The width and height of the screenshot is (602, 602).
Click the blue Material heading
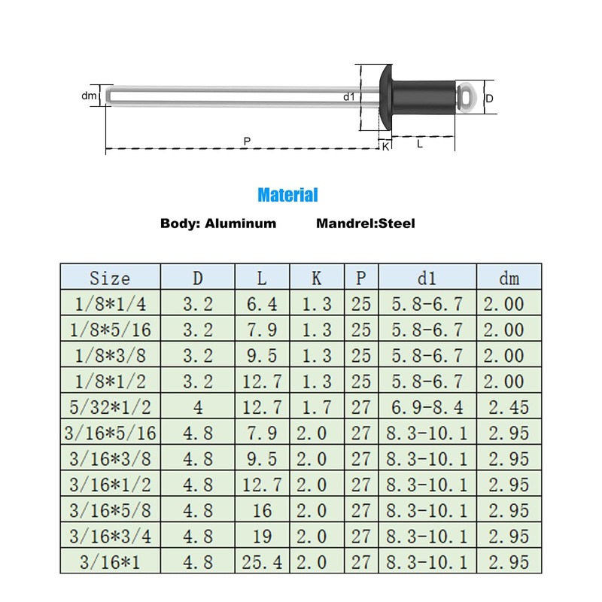(x=287, y=196)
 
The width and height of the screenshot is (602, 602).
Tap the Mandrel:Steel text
(x=366, y=223)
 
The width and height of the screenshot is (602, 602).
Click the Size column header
(x=110, y=278)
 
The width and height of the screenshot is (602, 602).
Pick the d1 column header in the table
(x=427, y=278)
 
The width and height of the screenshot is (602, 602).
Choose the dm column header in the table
(x=509, y=278)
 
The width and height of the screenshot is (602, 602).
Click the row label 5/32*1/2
(x=110, y=407)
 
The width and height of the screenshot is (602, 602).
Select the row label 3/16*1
(x=110, y=561)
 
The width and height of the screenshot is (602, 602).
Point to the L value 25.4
(x=261, y=561)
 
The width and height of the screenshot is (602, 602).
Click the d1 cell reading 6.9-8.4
(x=427, y=407)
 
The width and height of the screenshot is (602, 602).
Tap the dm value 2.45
(x=509, y=407)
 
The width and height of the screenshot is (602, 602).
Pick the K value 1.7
(x=316, y=407)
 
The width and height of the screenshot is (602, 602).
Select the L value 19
(x=261, y=536)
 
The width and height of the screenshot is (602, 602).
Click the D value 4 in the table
(x=197, y=407)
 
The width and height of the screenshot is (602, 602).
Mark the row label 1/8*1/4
(x=110, y=305)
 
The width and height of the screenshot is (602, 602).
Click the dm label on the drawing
(x=90, y=96)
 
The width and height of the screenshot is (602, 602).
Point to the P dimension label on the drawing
(x=248, y=141)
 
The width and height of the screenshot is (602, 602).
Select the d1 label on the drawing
(x=348, y=96)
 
